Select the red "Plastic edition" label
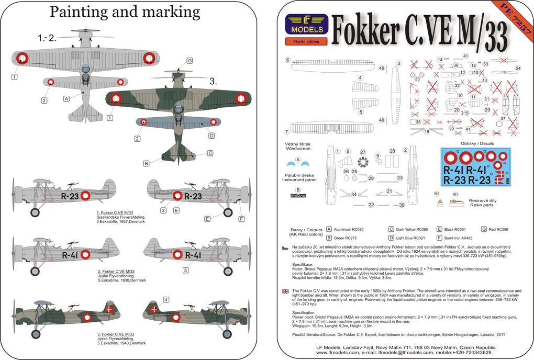306,41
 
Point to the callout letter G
190,61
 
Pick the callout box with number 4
166,299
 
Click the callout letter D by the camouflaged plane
212,136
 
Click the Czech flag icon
285,246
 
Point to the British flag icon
285,290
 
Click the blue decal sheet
475,166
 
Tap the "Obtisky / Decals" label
476,143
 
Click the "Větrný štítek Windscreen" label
298,146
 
